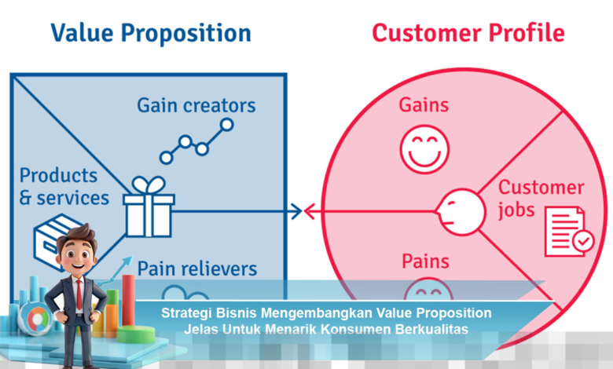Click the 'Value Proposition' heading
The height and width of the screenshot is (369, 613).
coord(151,33)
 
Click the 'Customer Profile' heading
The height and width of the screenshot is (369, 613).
coord(468,33)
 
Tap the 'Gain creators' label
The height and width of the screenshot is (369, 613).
coord(196,105)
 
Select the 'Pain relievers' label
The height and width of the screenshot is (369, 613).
coord(197,269)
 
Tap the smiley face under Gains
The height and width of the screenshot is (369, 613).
coord(424,149)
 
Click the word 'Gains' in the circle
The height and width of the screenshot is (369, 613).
coord(424,105)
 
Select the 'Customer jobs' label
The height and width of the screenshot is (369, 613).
coord(541,199)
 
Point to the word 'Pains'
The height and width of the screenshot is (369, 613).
coord(425,261)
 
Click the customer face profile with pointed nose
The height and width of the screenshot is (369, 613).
coord(459,211)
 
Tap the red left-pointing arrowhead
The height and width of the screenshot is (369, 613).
coord(310,210)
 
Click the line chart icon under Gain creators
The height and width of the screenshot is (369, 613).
coord(196,141)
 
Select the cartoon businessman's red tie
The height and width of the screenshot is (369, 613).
coord(79,294)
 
